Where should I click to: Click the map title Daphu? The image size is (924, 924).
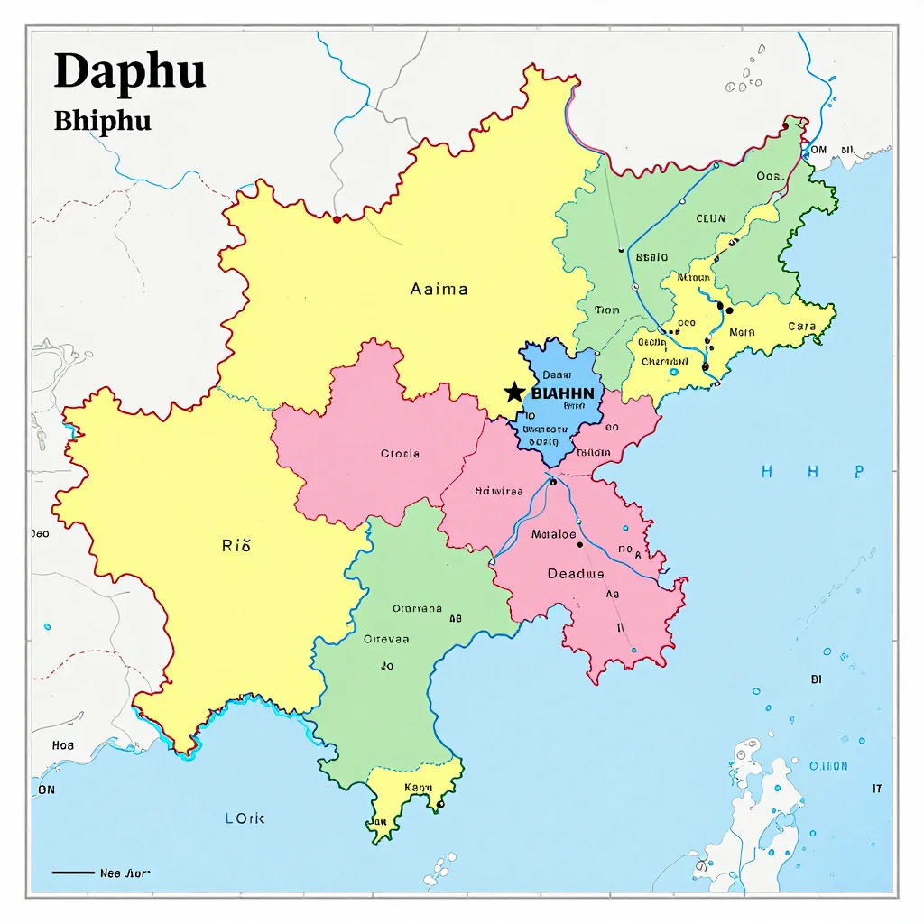[x=130, y=71]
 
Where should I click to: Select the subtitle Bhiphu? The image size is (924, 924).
[x=102, y=121]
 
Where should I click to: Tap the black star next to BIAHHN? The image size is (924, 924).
[x=514, y=392]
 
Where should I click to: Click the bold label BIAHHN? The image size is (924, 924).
[x=562, y=393]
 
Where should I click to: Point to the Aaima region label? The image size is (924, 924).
[x=439, y=290]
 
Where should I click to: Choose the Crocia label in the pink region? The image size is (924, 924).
[x=400, y=454]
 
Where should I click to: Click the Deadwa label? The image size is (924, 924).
[x=576, y=574]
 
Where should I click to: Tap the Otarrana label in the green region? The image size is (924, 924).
[x=417, y=609]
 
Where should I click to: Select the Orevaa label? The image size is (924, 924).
[x=386, y=639]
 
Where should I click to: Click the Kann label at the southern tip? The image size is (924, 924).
[x=418, y=787]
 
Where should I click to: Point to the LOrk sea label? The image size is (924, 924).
[x=245, y=818]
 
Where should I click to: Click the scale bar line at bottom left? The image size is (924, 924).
[x=73, y=873]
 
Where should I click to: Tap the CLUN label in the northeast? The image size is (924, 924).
[x=710, y=218]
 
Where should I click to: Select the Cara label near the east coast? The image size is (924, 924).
[x=801, y=327]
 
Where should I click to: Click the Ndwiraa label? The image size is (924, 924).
[x=498, y=492]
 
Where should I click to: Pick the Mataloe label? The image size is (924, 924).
[x=553, y=534]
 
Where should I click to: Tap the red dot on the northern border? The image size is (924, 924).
[x=337, y=219]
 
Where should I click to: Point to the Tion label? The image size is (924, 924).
[x=607, y=310]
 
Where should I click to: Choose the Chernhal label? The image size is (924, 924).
[x=664, y=362]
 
